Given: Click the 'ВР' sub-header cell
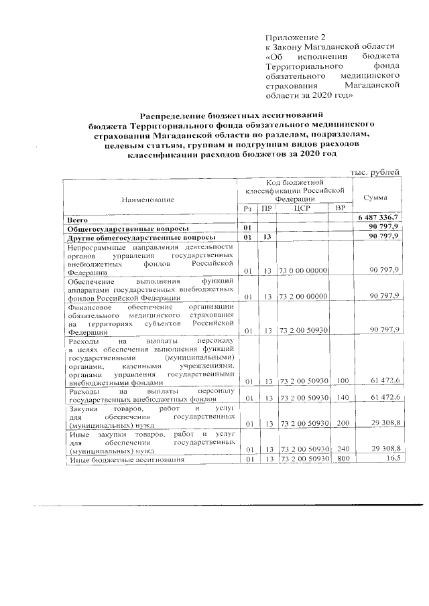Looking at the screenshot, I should tap(341, 210).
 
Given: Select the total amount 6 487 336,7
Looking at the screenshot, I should tap(379, 218).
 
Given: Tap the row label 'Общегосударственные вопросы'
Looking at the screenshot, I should tap(121, 228).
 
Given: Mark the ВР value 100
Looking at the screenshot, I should tap(341, 381).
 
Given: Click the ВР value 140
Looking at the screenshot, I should tap(341, 398).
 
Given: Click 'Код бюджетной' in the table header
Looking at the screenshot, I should tap(295, 181).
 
